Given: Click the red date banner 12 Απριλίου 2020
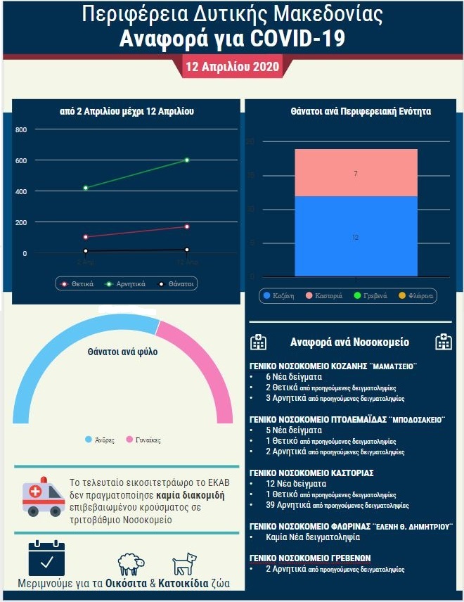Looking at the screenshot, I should point(231,67).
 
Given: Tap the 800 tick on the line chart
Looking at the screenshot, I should point(21,129).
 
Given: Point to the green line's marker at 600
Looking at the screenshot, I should point(187,160).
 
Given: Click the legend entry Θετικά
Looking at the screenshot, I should point(78,284).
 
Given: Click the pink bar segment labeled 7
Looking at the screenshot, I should point(356,173).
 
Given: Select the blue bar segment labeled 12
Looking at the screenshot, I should point(356,237).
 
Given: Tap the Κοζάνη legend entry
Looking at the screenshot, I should point(279,296).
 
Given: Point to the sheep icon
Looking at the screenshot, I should point(131,564).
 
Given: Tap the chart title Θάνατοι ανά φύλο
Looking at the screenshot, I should point(122,352).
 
